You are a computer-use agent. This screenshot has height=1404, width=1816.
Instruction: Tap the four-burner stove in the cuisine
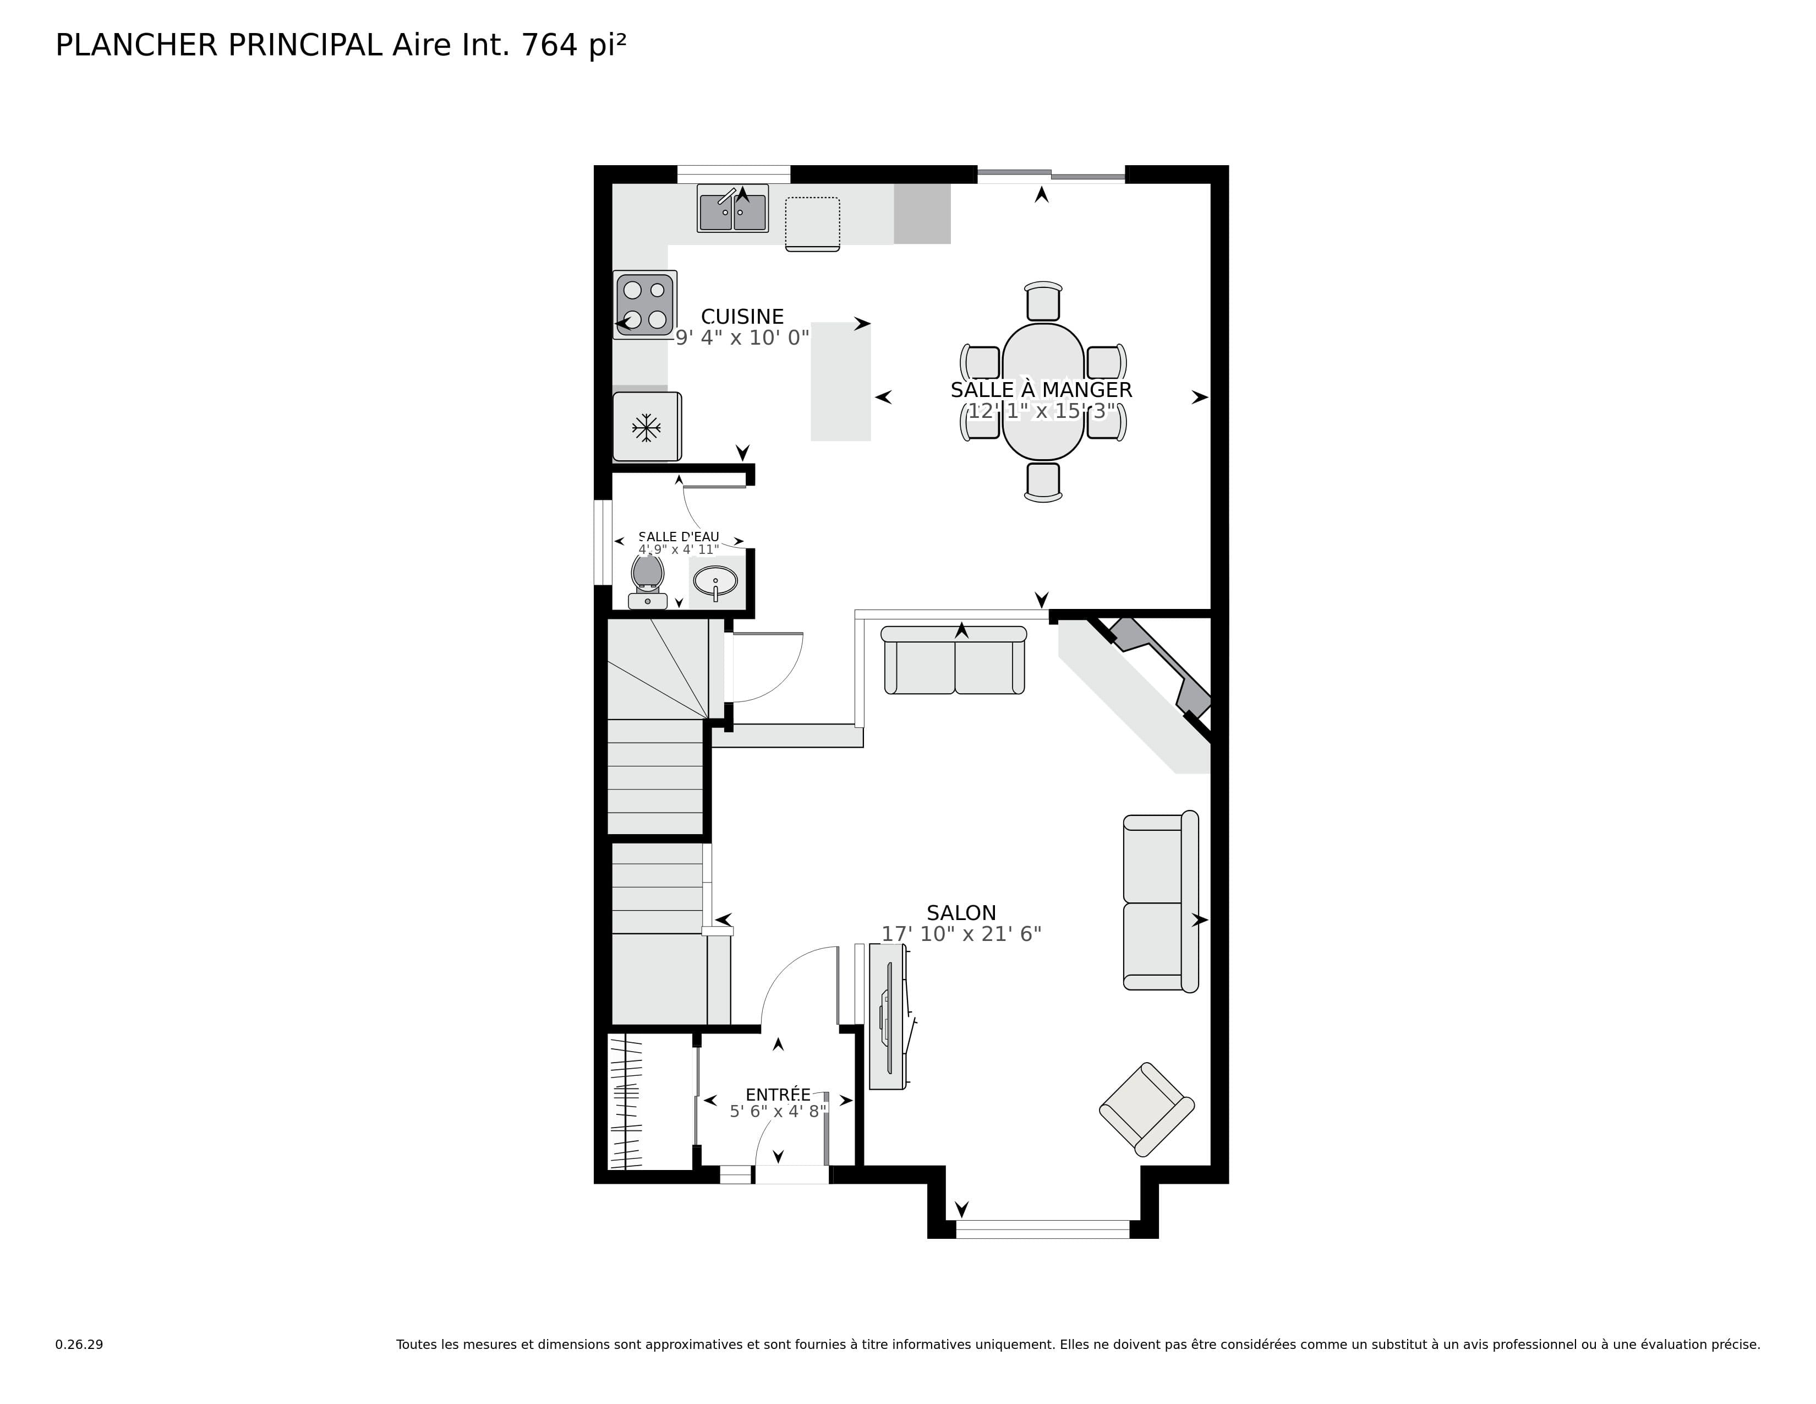click(644, 304)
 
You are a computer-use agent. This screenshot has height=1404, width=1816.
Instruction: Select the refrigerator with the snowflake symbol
click(646, 427)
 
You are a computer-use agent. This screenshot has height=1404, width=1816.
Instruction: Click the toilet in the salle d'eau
click(647, 580)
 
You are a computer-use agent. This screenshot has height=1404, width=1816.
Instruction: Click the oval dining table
click(1043, 391)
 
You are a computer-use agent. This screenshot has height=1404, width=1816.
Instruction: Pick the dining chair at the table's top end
click(1043, 301)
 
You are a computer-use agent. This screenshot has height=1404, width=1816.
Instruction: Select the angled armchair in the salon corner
click(1147, 1109)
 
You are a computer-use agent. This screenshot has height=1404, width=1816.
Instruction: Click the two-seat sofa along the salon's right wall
click(1159, 902)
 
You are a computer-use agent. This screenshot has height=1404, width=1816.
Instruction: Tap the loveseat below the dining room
click(954, 660)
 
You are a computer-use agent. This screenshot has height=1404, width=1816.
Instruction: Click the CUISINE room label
click(742, 317)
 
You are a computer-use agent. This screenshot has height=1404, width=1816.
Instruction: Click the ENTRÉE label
click(778, 1094)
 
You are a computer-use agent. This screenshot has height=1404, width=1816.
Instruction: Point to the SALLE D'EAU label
click(679, 536)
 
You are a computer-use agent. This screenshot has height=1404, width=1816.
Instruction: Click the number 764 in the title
click(549, 45)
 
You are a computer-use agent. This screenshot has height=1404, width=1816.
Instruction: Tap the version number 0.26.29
click(79, 1344)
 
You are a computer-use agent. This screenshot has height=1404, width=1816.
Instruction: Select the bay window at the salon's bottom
click(1043, 1228)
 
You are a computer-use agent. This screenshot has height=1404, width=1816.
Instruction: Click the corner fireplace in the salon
click(1160, 670)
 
